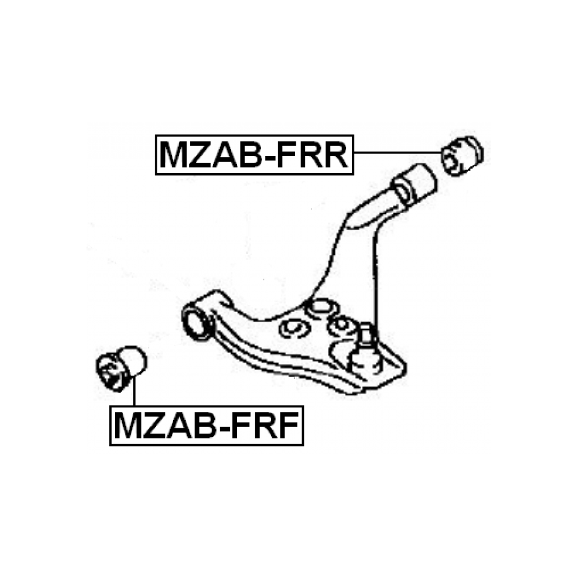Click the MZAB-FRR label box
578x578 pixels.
[254, 155]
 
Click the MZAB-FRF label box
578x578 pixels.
[206, 425]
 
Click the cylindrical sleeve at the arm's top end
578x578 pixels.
[414, 184]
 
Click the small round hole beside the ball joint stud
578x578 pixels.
[342, 325]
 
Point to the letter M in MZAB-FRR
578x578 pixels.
[173, 155]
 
